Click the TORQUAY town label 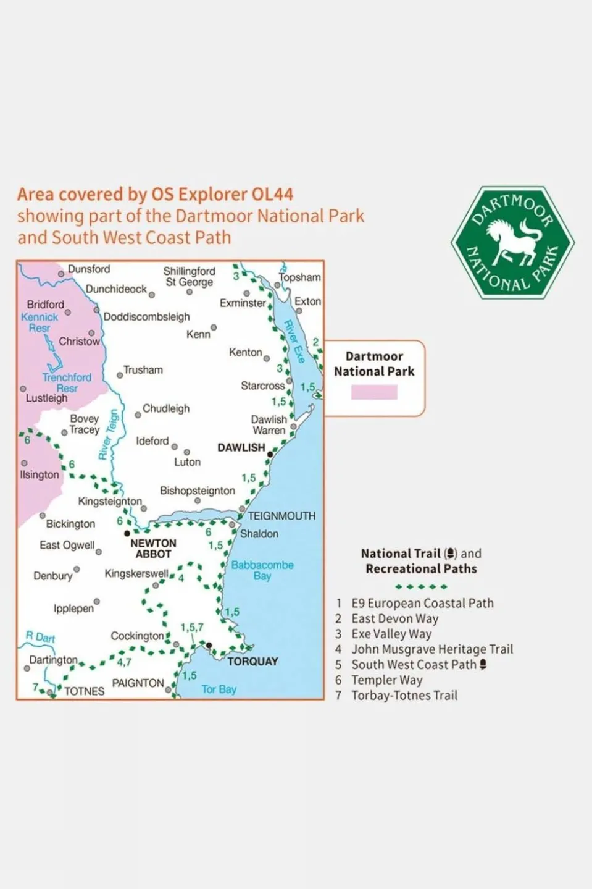pos(252,661)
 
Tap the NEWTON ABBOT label pos(153,549)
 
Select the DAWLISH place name pos(241,447)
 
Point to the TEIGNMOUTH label pos(281,516)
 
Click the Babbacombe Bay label pos(262,570)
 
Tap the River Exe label pos(294,342)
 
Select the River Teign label pos(108,434)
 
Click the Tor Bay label pos(219,689)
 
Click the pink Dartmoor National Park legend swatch pos(374,392)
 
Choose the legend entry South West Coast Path pos(414,665)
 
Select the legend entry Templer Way pos(386,680)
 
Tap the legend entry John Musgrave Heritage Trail pos(432,649)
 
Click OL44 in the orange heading pos(272,195)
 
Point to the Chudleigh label pos(166,408)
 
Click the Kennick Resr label pos(40,322)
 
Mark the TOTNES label pos(85,691)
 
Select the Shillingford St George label pos(189,277)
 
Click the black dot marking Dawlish pos(270,454)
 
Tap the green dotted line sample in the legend pos(421,586)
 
